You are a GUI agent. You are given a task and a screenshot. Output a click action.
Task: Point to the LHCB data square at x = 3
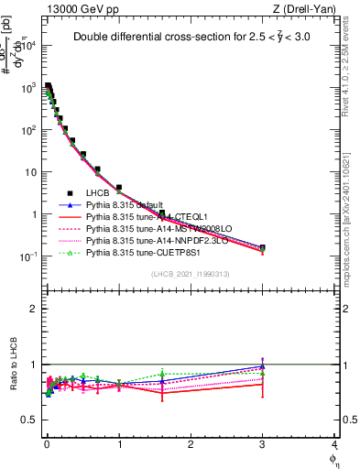(x=263, y=247)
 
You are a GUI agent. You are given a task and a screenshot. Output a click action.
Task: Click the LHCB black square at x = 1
(x=118, y=188)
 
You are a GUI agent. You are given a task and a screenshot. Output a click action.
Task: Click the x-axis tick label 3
(x=263, y=444)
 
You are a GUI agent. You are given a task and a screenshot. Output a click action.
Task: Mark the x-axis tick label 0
(x=46, y=444)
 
